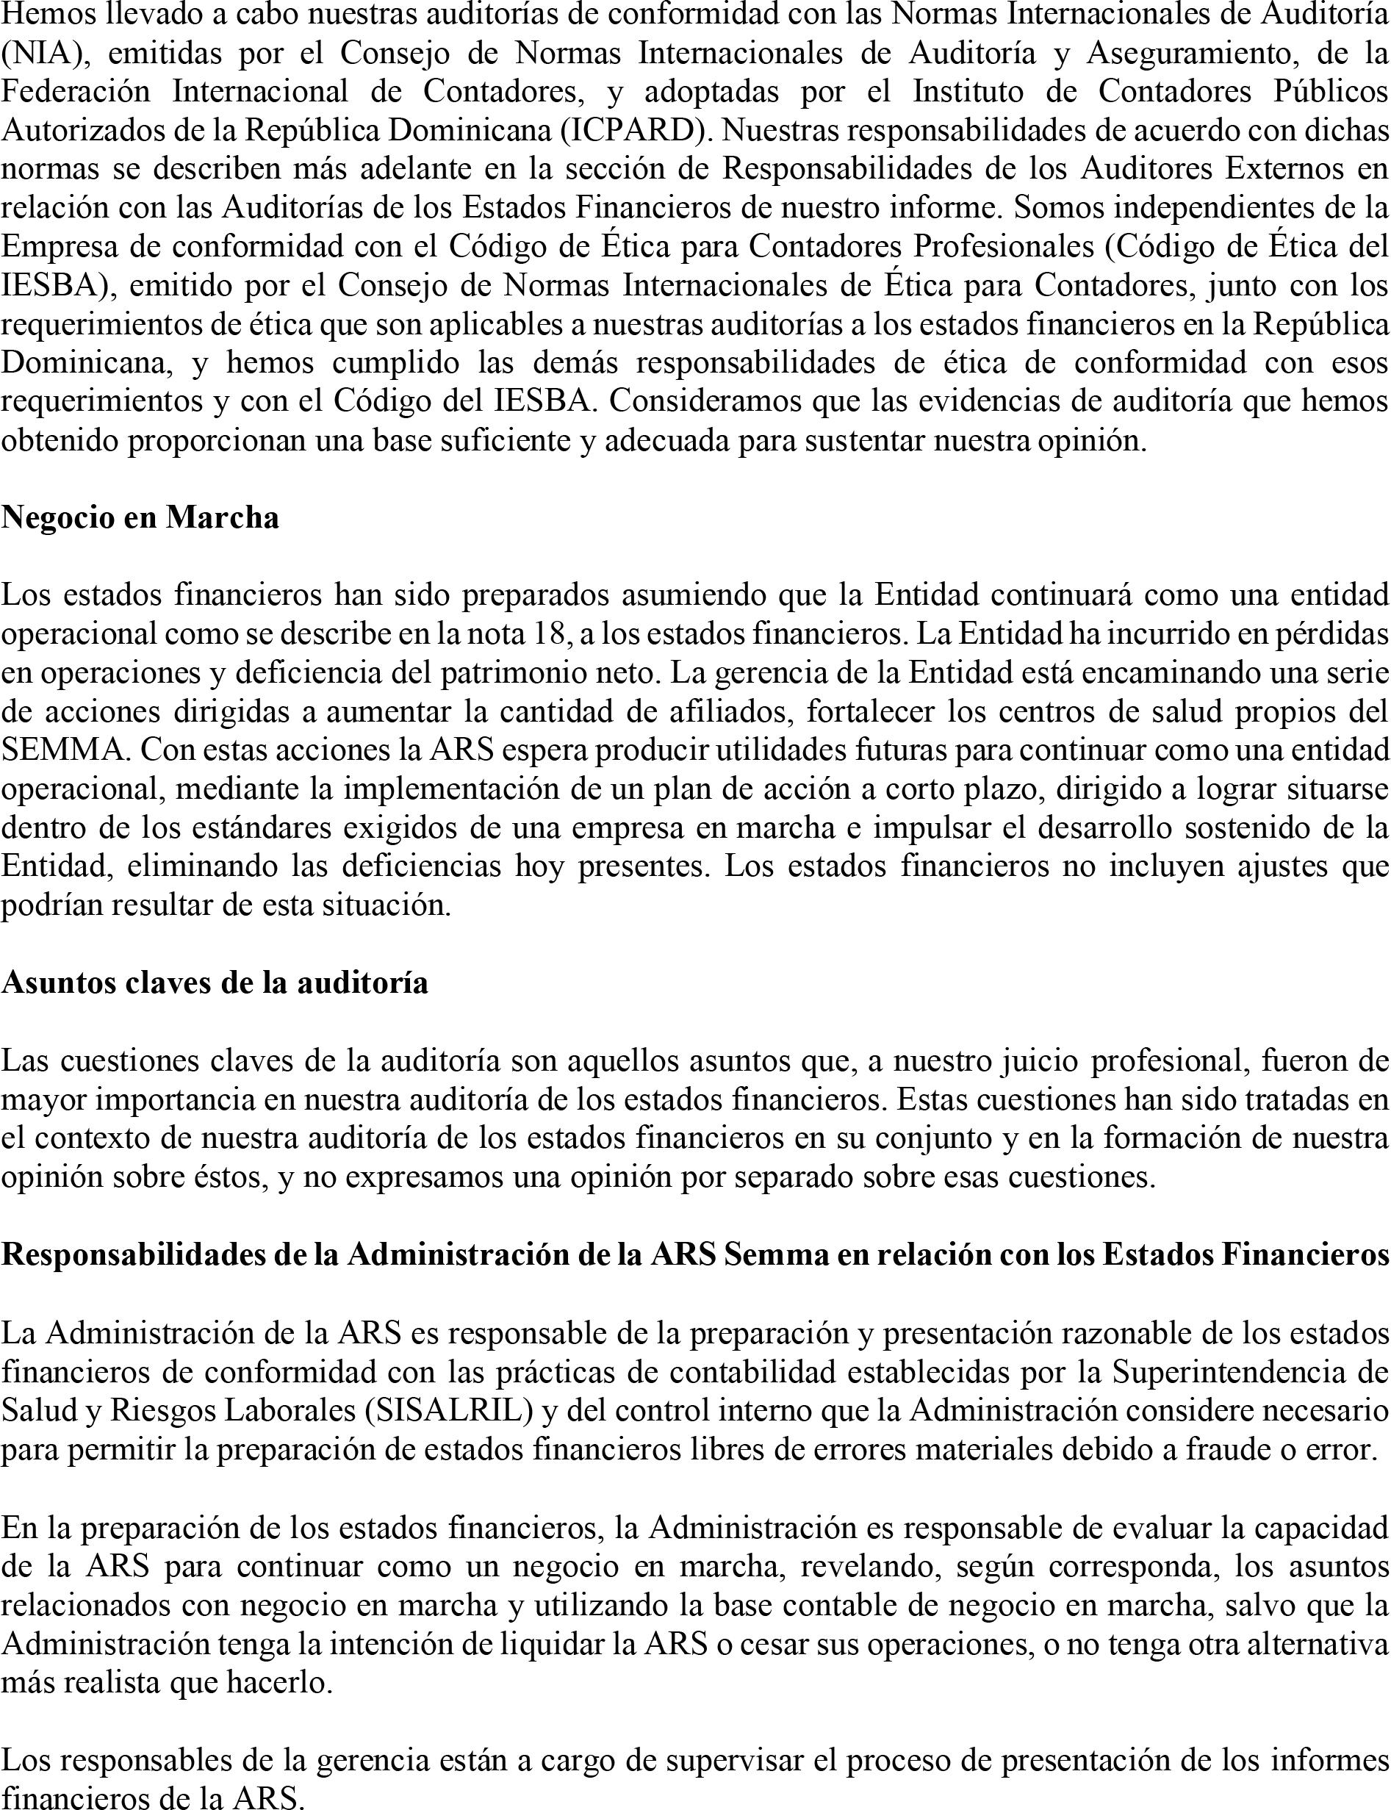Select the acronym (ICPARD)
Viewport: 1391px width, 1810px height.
634,131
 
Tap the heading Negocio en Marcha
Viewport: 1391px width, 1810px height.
140,517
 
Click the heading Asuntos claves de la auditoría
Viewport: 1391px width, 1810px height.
215,983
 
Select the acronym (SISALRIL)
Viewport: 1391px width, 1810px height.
449,1411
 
